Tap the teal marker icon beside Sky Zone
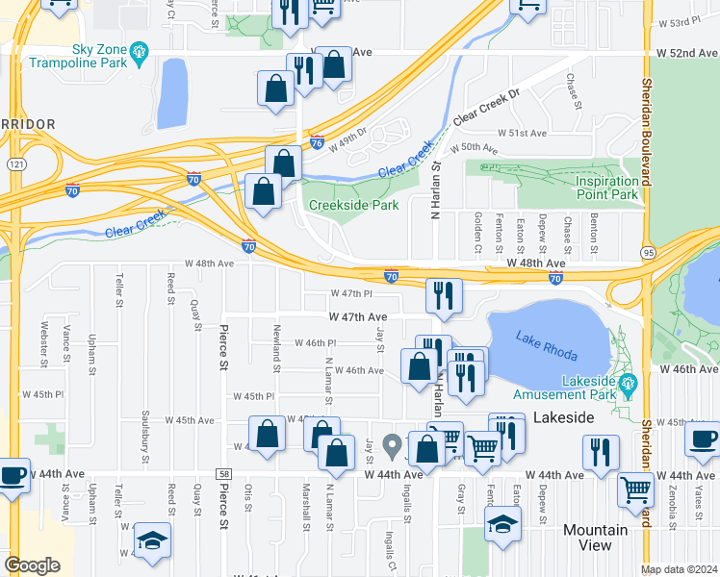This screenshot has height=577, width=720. coord(140,49)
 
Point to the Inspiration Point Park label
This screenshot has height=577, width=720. coord(606,188)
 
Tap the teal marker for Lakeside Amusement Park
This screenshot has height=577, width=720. coord(630,388)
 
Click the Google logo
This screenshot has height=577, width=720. coord(32,565)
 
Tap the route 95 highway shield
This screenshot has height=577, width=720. coord(648,252)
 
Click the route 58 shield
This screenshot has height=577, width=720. coord(223,474)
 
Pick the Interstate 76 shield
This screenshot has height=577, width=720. coord(318,142)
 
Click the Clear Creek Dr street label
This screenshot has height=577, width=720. coord(485,107)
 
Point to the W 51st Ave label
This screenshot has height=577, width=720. coord(522,133)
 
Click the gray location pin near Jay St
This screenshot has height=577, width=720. coord(392,445)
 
